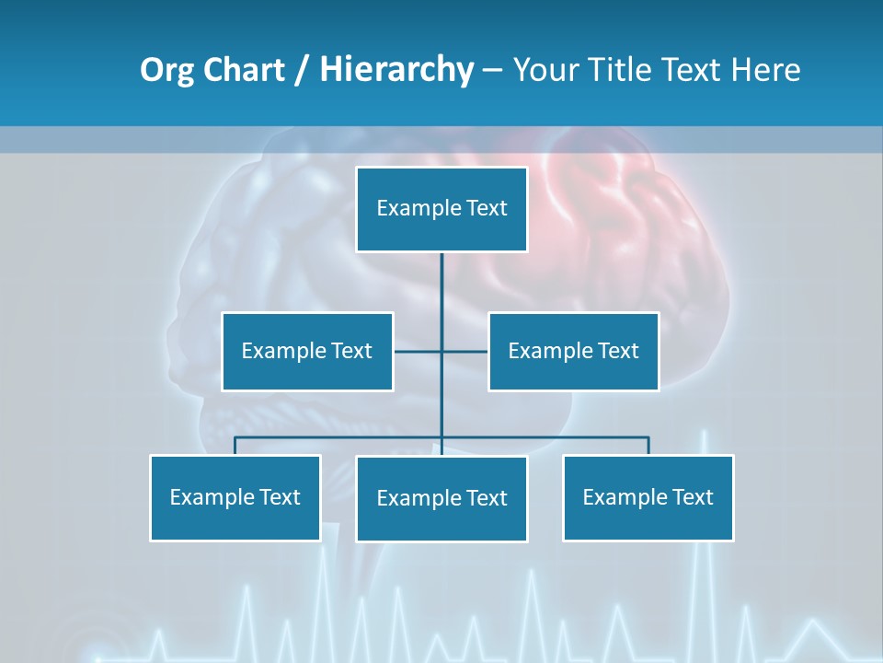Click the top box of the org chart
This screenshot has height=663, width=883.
coord(441,209)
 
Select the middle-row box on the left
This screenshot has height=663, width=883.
coord(307,351)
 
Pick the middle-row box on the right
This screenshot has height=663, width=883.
coord(573,351)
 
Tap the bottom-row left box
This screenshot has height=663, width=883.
coord(235,497)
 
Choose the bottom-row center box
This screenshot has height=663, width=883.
coord(441,498)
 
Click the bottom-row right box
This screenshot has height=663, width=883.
coord(648,497)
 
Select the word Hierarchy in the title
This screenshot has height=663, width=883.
coord(396,70)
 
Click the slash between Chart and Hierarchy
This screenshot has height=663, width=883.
coord(302,71)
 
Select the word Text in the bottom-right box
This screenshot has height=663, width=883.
coord(692,497)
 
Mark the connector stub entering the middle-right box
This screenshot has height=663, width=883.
coord(465,351)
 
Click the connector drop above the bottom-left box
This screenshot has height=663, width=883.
coord(235,446)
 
